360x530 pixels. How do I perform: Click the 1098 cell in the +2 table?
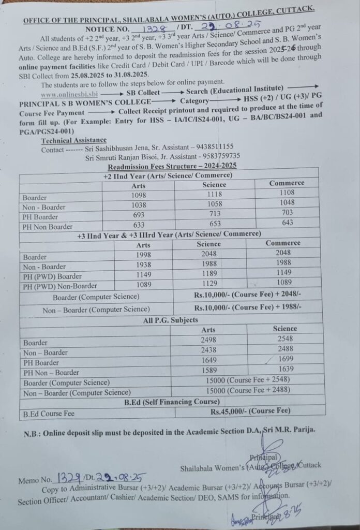pos(139,196)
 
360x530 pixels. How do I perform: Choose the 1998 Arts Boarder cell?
pos(143,256)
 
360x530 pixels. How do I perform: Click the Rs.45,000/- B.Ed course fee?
pos(250,411)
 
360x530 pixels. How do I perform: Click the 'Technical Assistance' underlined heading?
pos(74,140)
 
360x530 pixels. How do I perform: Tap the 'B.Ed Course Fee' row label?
pos(49,414)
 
